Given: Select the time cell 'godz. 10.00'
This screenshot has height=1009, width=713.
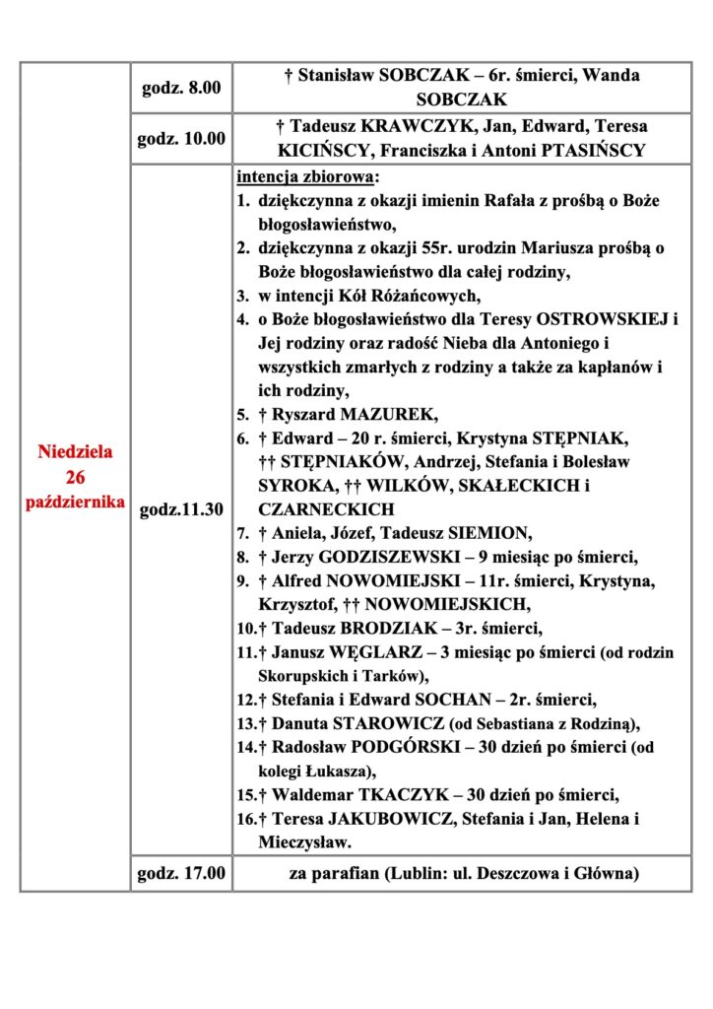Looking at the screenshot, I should pyautogui.click(x=181, y=139).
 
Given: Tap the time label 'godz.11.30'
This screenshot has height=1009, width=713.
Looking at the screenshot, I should pyautogui.click(x=181, y=509).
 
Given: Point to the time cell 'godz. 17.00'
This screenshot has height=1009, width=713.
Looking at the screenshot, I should pyautogui.click(x=181, y=872).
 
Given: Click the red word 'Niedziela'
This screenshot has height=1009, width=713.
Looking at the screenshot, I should pyautogui.click(x=76, y=452).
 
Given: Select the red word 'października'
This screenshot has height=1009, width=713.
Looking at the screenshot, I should pyautogui.click(x=76, y=502).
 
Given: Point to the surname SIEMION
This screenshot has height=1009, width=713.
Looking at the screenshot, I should pyautogui.click(x=486, y=533).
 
